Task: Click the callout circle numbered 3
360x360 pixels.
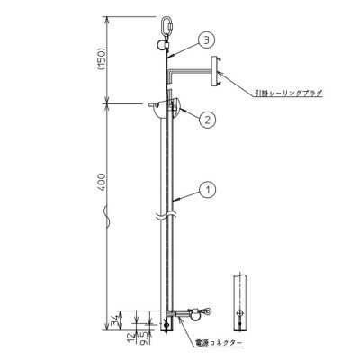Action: (208, 40)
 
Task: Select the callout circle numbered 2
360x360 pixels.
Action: (207, 118)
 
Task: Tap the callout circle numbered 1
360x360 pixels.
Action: (208, 190)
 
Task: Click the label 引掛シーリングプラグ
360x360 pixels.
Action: (289, 93)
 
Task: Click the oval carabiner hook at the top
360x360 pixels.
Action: (166, 23)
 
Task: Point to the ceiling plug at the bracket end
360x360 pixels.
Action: (217, 71)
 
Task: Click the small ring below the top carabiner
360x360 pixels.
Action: (166, 39)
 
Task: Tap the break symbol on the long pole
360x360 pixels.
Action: (167, 215)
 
